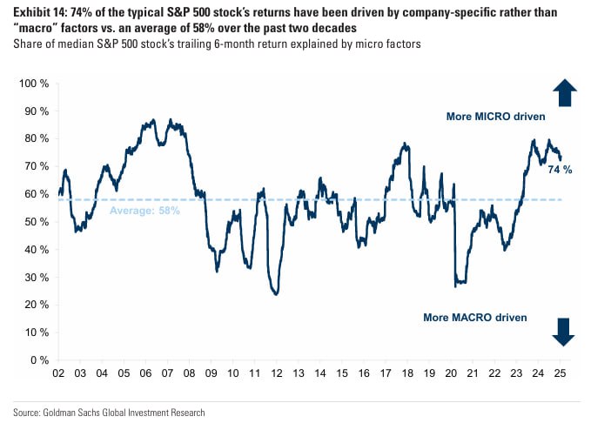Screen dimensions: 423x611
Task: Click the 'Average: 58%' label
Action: coord(144,211)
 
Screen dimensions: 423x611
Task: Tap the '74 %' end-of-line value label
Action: coord(560,170)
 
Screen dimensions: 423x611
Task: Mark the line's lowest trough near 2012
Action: coord(276,294)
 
